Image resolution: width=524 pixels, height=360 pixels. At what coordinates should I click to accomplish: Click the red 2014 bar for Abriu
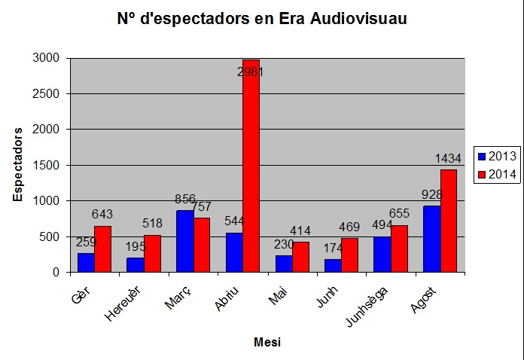tap(251, 166)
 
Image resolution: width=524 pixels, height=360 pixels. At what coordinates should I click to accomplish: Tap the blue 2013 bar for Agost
tap(431, 239)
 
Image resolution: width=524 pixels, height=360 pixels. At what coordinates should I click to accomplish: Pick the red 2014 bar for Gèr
tap(102, 249)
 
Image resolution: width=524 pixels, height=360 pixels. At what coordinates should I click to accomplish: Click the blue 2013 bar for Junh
tap(333, 265)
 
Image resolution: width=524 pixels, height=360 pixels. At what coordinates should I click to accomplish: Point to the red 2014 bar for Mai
tap(300, 257)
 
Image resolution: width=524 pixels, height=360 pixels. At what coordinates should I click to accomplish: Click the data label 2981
tap(251, 72)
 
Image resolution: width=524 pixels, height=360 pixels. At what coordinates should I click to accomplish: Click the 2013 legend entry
tap(496, 156)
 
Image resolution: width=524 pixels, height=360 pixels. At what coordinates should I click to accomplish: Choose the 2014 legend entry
tap(496, 174)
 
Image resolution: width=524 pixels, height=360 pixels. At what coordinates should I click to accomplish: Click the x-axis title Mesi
tap(267, 343)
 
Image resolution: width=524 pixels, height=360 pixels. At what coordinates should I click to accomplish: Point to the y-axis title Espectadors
tap(18, 164)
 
